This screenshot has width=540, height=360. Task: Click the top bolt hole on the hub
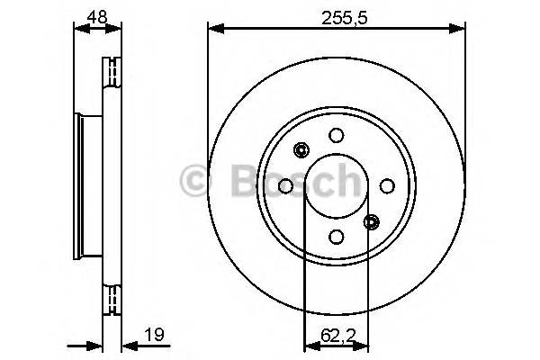click(x=336, y=135)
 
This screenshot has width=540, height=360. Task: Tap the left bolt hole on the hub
click(x=285, y=185)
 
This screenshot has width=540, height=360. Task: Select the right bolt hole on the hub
click(x=387, y=185)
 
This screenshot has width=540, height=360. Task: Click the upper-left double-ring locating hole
click(x=301, y=150)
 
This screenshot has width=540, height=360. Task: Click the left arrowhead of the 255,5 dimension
click(x=213, y=30)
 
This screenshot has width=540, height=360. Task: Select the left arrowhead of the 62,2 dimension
click(x=310, y=345)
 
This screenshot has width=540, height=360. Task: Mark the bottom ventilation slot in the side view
click(x=113, y=300)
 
